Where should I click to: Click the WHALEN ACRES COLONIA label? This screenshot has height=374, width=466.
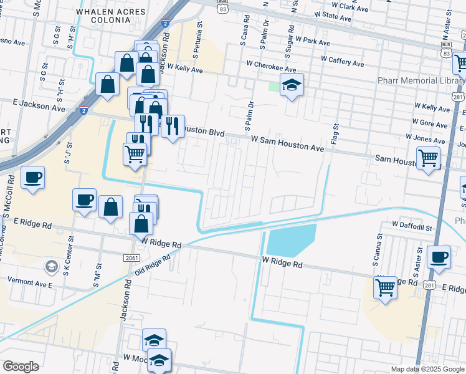tap(103, 16)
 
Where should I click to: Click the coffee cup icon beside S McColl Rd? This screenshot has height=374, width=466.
tap(33, 177)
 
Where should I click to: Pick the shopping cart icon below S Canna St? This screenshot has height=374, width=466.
tap(385, 287)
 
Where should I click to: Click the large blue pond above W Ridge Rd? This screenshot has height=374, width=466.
tap(291, 240)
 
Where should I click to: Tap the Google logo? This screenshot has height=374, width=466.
tap(21, 367)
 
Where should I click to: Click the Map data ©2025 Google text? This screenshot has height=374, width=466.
tap(427, 369)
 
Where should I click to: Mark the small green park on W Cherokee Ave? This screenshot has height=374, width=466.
tap(274, 87)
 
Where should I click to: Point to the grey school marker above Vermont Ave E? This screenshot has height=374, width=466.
tap(50, 268)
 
